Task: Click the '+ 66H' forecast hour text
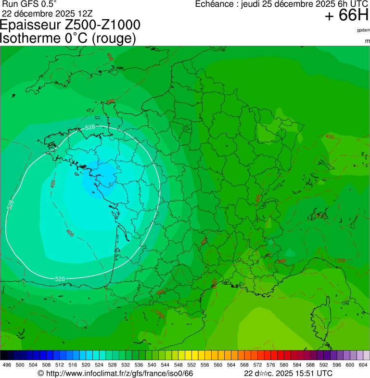(346, 16)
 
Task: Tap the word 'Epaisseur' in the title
(33, 25)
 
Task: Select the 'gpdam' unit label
(363, 30)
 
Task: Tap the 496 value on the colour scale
(7, 365)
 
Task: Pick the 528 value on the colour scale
(112, 365)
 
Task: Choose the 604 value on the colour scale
(363, 365)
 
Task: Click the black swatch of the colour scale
(4, 355)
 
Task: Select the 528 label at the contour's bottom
(60, 279)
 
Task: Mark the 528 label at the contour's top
(90, 127)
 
